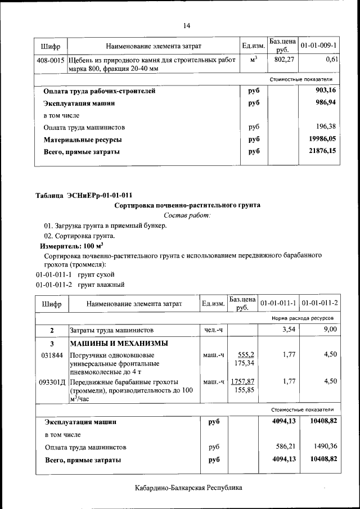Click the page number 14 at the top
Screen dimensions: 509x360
coord(187,25)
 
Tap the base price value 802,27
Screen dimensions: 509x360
coord(283,59)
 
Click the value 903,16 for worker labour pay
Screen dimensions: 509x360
coord(326,90)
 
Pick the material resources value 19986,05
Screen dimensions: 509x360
coord(323,139)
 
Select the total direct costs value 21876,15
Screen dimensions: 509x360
coord(323,151)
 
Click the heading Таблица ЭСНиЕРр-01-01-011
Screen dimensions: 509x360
coord(84,196)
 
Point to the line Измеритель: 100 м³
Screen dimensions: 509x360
coord(71,246)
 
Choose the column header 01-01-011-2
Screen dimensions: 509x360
coord(319,303)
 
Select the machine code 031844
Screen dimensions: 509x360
coord(52,355)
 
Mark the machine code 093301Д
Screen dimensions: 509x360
coord(52,381)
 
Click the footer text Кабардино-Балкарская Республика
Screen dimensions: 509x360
coord(188,488)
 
